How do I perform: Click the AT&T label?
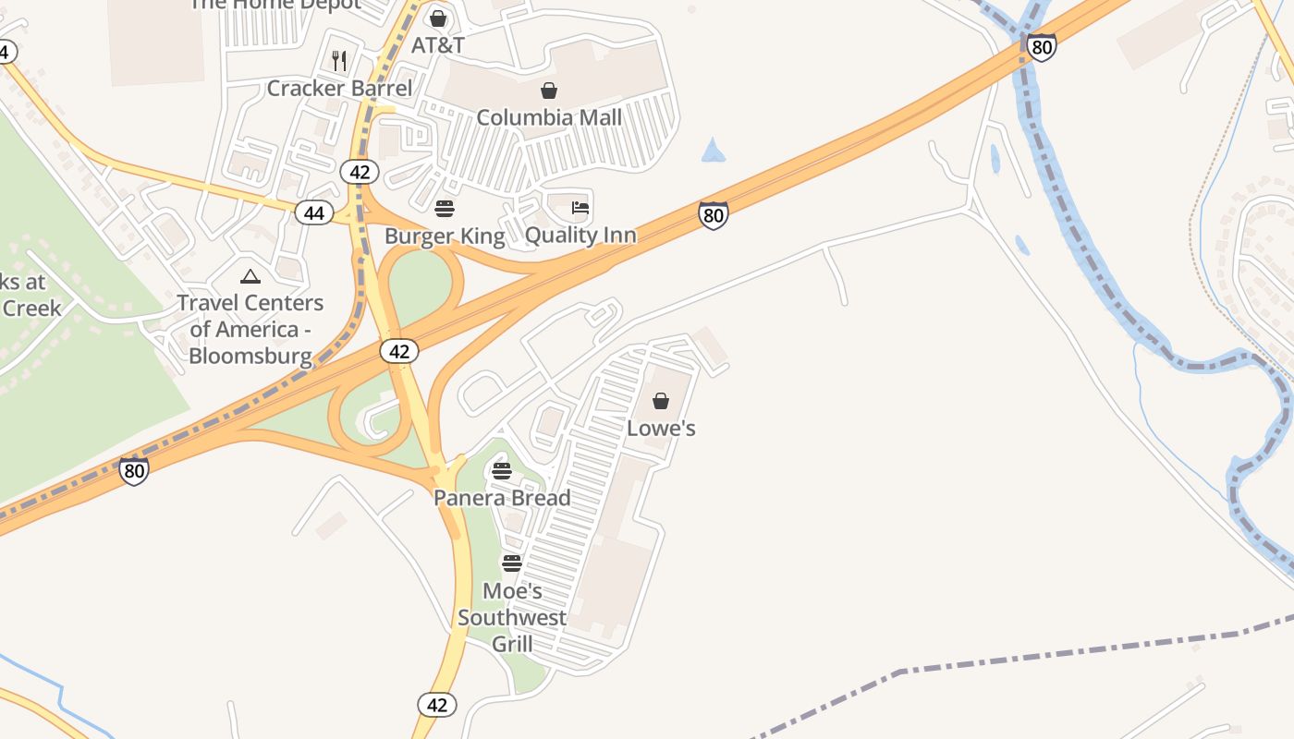coord(437,45)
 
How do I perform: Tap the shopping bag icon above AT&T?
coord(438,18)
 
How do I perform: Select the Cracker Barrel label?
coord(339,89)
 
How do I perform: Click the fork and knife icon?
coord(339,61)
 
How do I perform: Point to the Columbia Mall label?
coord(549,117)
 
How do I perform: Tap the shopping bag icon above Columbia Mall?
coord(549,91)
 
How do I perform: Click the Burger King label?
coord(445,236)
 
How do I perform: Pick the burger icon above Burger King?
coord(445,209)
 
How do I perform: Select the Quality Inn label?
coord(580,235)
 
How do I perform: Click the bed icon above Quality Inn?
coord(580,208)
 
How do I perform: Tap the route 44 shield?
coord(314,213)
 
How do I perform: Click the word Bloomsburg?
coord(250,356)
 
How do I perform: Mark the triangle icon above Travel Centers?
coord(250,276)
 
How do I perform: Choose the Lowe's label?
coord(661,429)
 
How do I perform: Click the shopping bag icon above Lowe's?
coord(661,401)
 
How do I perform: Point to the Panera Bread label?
coord(502,498)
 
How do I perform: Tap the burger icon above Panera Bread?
coord(502,471)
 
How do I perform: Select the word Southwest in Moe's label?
coord(512,617)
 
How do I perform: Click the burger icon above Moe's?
coord(512,563)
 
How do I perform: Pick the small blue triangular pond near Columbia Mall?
coord(713,151)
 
